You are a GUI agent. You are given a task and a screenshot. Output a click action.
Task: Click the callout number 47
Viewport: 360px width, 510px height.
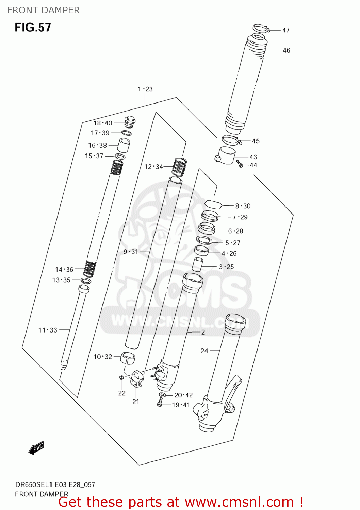pyautogui.click(x=286, y=30)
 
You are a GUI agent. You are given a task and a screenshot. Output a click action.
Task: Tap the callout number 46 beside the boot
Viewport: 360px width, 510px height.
pyautogui.click(x=287, y=50)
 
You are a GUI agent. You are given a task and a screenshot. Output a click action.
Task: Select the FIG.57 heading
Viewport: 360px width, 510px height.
pyautogui.click(x=33, y=28)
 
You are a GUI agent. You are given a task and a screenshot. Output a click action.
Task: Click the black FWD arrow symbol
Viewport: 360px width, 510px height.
pyautogui.click(x=36, y=448)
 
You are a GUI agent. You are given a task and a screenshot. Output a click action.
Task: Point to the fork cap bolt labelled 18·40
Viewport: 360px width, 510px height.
pyautogui.click(x=130, y=121)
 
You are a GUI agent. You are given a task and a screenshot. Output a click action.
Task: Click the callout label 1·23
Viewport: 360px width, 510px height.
pyautogui.click(x=145, y=89)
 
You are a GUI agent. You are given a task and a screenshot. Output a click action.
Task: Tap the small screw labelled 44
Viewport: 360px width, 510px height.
pyautogui.click(x=240, y=164)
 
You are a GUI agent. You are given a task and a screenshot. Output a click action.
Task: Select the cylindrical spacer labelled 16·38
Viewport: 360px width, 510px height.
pyautogui.click(x=124, y=145)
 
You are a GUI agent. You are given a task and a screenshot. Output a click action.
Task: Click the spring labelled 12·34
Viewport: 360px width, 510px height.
pyautogui.click(x=180, y=167)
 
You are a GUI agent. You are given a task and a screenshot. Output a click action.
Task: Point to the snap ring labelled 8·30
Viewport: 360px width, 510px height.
pyautogui.click(x=213, y=204)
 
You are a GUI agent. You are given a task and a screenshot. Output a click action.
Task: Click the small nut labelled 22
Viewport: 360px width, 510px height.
pyautogui.click(x=121, y=377)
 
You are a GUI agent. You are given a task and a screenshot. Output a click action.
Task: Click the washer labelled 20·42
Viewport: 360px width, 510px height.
pyautogui.click(x=163, y=395)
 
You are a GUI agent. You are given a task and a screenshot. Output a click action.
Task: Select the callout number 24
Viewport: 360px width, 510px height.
pyautogui.click(x=204, y=351)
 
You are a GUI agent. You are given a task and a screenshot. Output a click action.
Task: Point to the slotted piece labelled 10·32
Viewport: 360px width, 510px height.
pyautogui.click(x=128, y=358)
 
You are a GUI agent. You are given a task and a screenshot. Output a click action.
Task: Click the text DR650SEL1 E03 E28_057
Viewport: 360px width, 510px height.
pyautogui.click(x=55, y=485)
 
